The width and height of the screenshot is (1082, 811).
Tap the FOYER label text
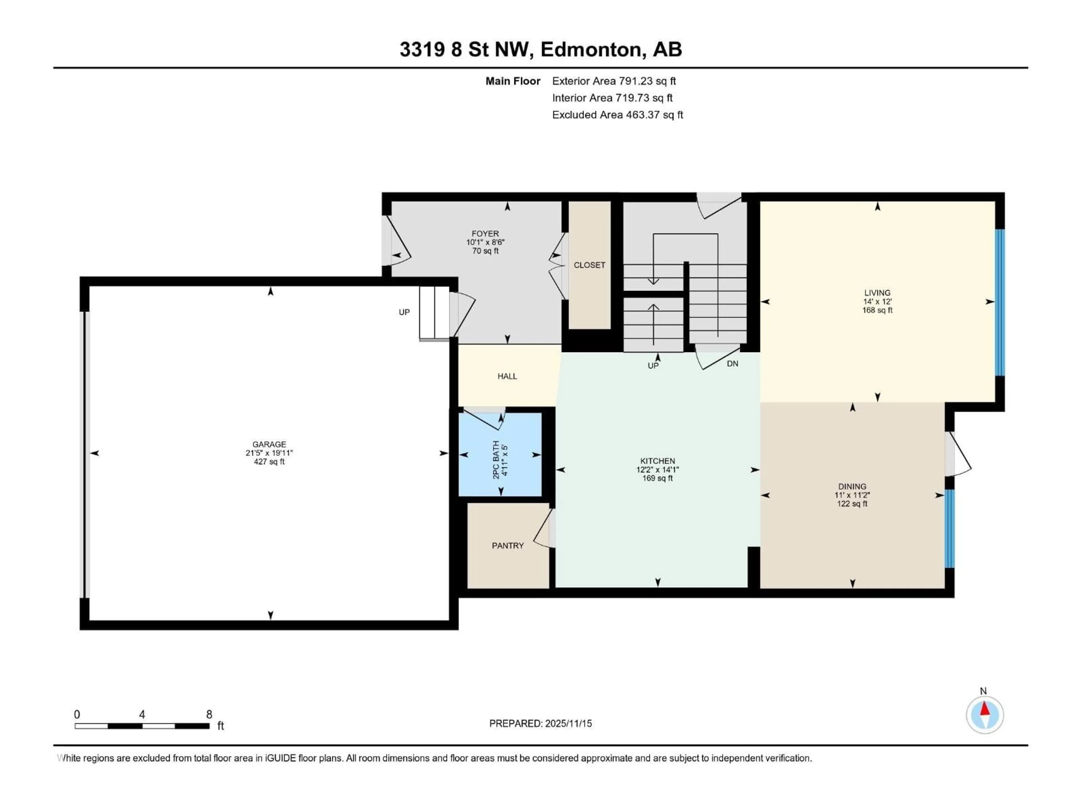(x=485, y=234)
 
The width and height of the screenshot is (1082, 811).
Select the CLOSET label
(x=589, y=265)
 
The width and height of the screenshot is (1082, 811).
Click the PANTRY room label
(x=508, y=545)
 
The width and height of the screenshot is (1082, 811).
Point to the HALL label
(x=507, y=376)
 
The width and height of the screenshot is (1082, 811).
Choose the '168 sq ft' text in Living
(x=877, y=310)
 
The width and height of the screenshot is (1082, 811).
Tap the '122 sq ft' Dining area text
(x=852, y=503)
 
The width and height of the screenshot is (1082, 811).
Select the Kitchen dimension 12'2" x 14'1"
(x=657, y=469)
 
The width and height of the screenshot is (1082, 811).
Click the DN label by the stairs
(x=732, y=364)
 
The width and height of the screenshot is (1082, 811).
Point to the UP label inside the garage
(x=404, y=312)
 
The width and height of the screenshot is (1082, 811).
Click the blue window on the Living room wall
(x=1000, y=302)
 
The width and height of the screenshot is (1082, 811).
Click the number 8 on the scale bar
(x=209, y=714)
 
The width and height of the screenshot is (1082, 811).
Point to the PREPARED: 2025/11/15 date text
(x=540, y=723)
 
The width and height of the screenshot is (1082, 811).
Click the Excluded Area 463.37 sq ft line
(x=617, y=115)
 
